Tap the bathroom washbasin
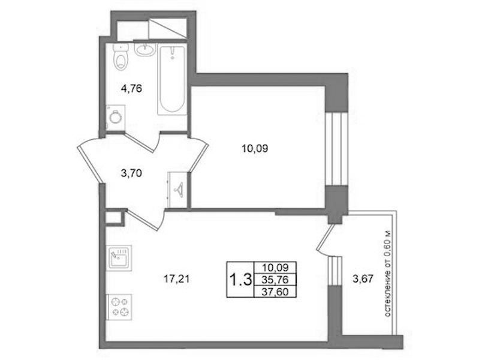[x=146, y=49]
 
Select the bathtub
[x=172, y=80]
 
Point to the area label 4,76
[x=131, y=89]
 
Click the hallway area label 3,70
[x=131, y=174]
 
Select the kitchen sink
[x=119, y=257]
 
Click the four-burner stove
[x=119, y=307]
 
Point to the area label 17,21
[x=177, y=279]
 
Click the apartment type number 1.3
[x=240, y=280]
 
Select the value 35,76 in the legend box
[x=275, y=280]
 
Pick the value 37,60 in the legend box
[x=275, y=292]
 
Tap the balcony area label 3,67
[x=363, y=279]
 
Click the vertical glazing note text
[x=387, y=274]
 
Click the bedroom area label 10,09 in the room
[x=255, y=149]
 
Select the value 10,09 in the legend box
[x=275, y=268]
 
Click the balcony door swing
[x=327, y=240]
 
